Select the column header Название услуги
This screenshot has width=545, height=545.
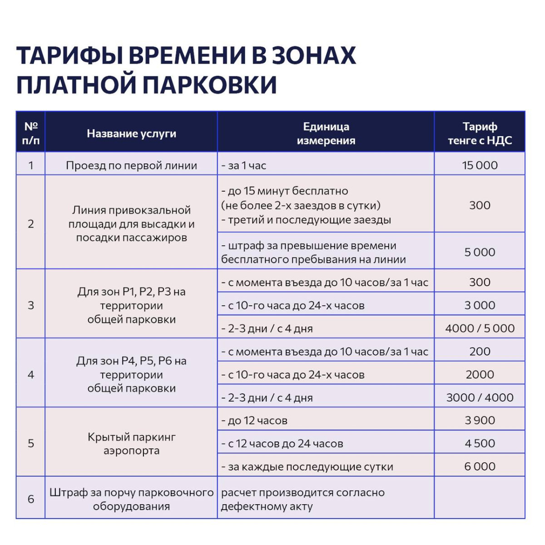coord(131,134)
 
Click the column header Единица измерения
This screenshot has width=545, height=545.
coord(326,133)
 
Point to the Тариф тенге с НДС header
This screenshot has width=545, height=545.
coord(480,133)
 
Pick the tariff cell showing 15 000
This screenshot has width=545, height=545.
coord(480,165)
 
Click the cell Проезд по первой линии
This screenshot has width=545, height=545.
coord(131,165)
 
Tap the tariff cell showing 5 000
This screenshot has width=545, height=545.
coord(480,252)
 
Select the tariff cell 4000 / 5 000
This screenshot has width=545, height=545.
coord(480,328)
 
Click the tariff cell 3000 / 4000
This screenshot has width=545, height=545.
coord(480,397)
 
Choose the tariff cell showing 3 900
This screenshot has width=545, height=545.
coord(480,420)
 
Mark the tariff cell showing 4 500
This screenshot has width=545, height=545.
coord(480,443)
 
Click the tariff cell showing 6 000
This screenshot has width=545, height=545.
coord(480,466)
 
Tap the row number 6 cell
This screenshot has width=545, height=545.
coord(31,499)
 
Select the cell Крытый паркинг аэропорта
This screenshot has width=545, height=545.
coord(131,443)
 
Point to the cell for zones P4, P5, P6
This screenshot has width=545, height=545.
coord(131,374)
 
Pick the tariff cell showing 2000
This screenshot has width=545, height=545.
coord(480,374)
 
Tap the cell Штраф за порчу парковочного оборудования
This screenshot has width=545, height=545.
coord(131,499)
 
